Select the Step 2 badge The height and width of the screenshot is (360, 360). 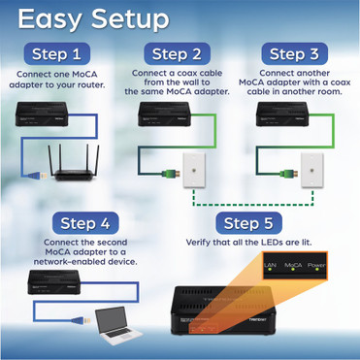pos(178,54)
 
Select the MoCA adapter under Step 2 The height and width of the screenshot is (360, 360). pos(166,115)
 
